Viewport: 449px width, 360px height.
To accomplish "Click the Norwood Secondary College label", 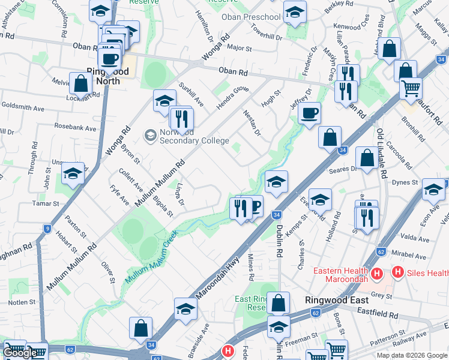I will point(194,137).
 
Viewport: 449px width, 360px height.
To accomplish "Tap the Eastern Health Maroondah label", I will point(342,275).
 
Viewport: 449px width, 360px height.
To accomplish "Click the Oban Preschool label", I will point(251,17).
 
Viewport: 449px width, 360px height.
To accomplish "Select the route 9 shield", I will point(47,229).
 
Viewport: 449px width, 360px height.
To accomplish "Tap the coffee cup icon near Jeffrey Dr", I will point(309,112).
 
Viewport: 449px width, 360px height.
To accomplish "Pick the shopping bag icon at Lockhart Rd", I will point(80,83).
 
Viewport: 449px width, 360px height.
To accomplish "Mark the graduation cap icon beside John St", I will point(73,174).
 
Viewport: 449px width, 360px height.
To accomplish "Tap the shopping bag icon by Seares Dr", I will point(367,158).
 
